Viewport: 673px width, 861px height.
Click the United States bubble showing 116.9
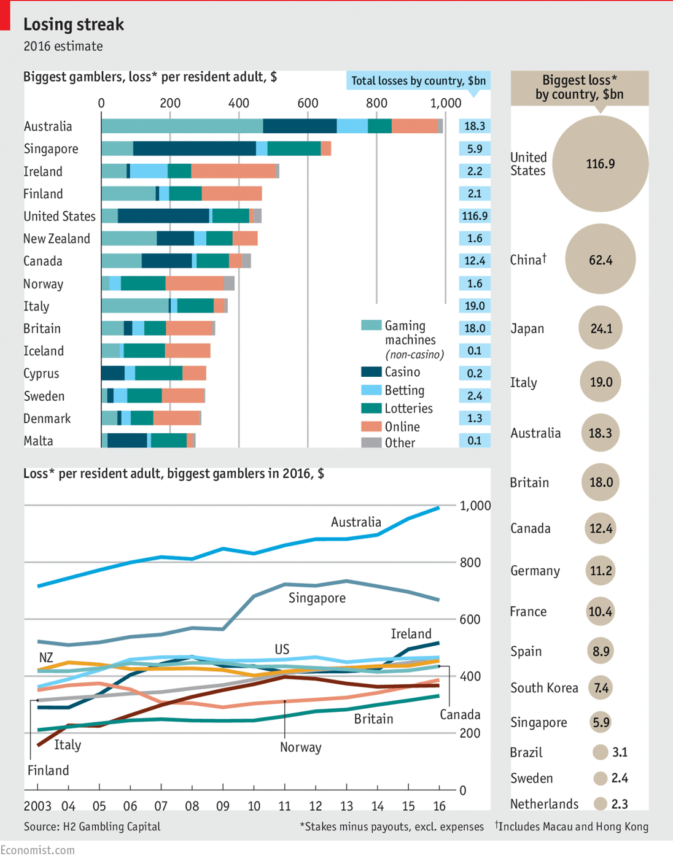click(600, 164)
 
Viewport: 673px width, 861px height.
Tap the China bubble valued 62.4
click(600, 260)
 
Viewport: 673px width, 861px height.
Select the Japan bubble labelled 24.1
click(600, 328)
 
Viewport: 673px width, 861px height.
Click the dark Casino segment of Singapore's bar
click(194, 149)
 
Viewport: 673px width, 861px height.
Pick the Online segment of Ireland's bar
click(233, 171)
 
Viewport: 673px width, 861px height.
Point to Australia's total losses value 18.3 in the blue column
click(475, 126)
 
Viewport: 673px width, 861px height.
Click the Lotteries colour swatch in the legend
click(372, 409)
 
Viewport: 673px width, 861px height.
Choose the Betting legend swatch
click(372, 390)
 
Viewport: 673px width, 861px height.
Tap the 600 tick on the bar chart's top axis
click(308, 103)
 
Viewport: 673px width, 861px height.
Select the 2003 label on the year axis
click(37, 806)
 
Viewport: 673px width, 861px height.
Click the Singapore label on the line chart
click(317, 598)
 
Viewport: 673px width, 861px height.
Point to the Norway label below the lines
click(300, 747)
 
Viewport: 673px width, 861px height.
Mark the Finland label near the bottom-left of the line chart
click(48, 770)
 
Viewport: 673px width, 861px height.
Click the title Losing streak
click(74, 25)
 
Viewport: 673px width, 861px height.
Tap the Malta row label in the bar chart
click(38, 441)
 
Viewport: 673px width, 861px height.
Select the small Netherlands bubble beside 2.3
click(601, 804)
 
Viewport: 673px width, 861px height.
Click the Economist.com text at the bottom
click(37, 850)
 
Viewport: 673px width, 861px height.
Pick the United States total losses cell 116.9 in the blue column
click(475, 216)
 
